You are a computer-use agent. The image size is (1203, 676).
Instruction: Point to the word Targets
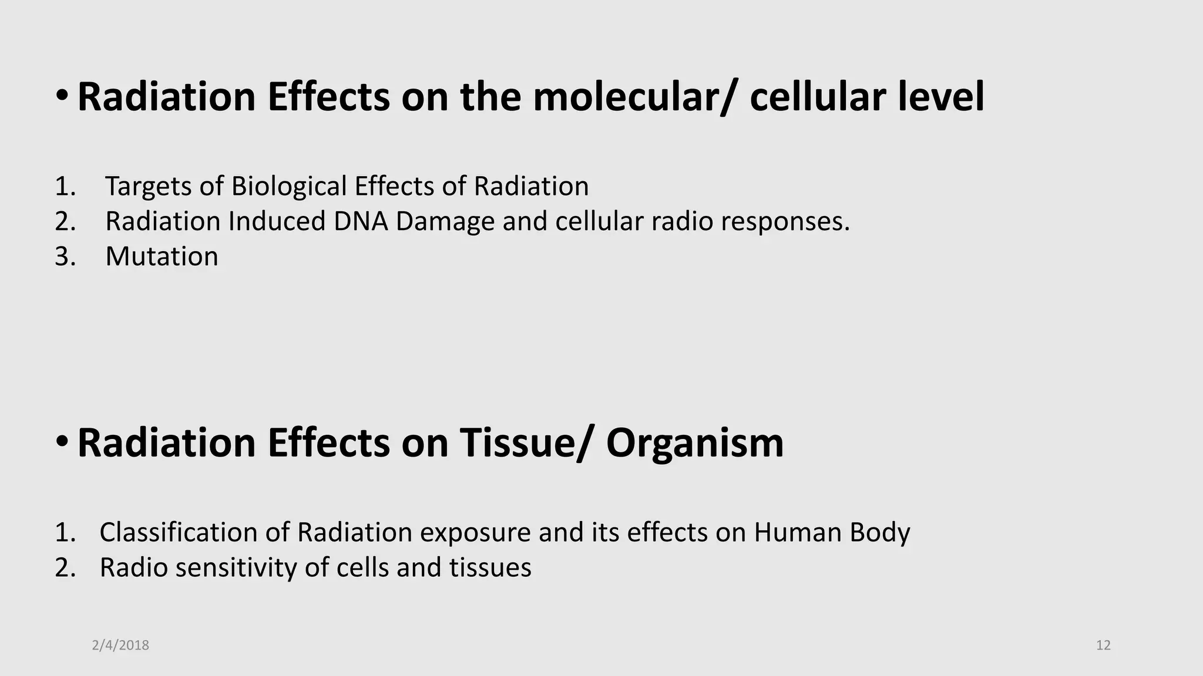click(149, 187)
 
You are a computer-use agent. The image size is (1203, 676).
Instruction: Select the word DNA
click(360, 222)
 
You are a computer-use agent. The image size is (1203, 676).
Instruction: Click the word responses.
click(785, 222)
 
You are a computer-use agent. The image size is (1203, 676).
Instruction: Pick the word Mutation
click(162, 256)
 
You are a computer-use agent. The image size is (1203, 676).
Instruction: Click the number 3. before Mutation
click(65, 256)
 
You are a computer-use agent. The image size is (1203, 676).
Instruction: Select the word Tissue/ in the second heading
click(523, 442)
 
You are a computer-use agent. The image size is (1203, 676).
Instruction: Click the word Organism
click(695, 442)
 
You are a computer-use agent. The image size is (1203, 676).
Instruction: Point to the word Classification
click(178, 533)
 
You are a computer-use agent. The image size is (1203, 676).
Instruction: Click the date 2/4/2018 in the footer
click(120, 645)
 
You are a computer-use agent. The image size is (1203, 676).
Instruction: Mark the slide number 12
click(1103, 645)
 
